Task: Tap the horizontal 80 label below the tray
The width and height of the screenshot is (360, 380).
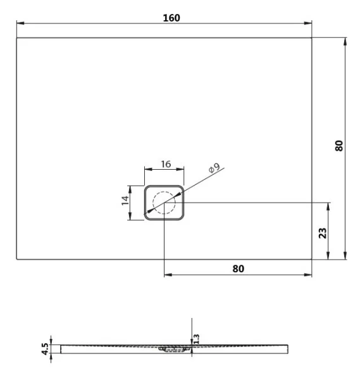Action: [x=238, y=268]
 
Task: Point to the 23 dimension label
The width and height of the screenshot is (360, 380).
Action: [x=323, y=232]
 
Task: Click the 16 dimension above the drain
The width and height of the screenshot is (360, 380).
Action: [x=165, y=164]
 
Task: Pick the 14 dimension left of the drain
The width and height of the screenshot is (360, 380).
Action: [x=125, y=202]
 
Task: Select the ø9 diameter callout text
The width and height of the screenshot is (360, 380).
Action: [x=213, y=168]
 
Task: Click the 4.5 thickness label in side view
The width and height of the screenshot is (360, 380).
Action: [x=44, y=349]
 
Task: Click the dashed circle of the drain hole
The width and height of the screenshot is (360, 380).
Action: [x=164, y=203]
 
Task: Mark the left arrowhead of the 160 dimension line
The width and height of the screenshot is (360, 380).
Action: [x=20, y=24]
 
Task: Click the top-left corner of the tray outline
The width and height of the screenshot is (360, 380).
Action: [x=16, y=38]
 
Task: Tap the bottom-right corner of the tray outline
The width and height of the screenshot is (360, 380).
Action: [x=312, y=260]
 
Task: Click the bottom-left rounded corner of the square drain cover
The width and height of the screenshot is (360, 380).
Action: [x=147, y=217]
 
